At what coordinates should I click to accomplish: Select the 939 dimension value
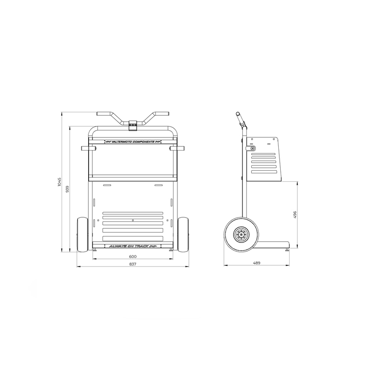[x=68, y=189]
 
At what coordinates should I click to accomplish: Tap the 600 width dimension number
[x=133, y=257]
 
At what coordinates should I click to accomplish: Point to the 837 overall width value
[x=133, y=264]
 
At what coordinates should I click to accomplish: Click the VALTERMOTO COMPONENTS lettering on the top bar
[x=133, y=141]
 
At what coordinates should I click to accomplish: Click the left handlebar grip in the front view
[x=103, y=113]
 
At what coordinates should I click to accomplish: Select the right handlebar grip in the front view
[x=163, y=113]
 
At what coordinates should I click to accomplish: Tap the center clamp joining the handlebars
[x=133, y=124]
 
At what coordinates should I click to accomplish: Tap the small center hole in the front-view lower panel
[x=133, y=219]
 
